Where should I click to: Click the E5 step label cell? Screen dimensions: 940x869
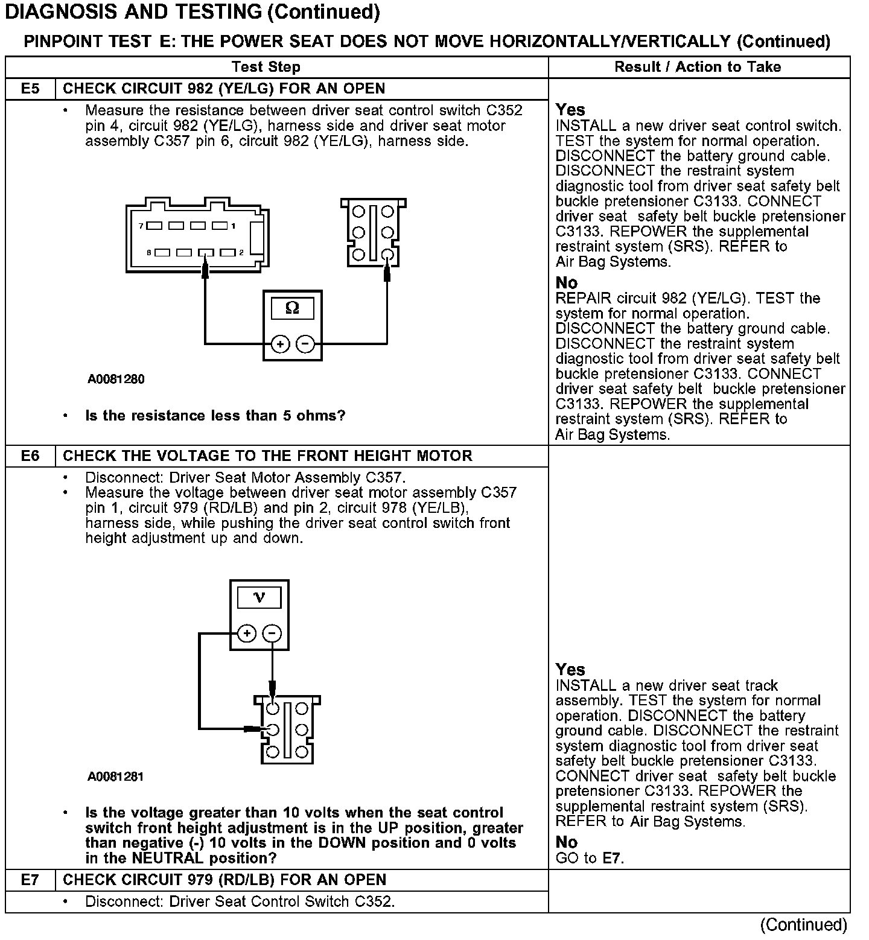[x=30, y=89]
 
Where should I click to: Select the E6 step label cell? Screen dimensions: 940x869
[x=30, y=456]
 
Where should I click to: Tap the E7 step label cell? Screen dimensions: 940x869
[x=30, y=880]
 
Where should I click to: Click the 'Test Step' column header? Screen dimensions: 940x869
[x=266, y=67]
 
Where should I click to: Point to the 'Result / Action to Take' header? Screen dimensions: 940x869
[x=698, y=67]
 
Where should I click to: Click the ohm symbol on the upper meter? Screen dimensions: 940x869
[x=292, y=308]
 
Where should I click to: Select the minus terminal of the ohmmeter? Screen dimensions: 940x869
[x=306, y=344]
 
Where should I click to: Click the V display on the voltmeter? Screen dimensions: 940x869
[x=259, y=597]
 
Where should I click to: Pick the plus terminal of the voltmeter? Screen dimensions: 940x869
[x=247, y=634]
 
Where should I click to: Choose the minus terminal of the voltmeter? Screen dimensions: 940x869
[x=273, y=634]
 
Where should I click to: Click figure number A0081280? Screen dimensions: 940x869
[x=116, y=379]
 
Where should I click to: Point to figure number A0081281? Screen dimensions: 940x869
[x=116, y=776]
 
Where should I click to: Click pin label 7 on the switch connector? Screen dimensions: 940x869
[x=141, y=226]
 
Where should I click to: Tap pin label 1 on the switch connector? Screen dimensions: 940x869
[x=234, y=226]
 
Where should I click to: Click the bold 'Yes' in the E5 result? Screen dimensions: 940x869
[x=570, y=110]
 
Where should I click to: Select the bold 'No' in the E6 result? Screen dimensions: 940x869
[x=567, y=842]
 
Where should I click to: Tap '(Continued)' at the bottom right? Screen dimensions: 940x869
[x=803, y=925]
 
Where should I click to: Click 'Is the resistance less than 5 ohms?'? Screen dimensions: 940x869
[x=215, y=416]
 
